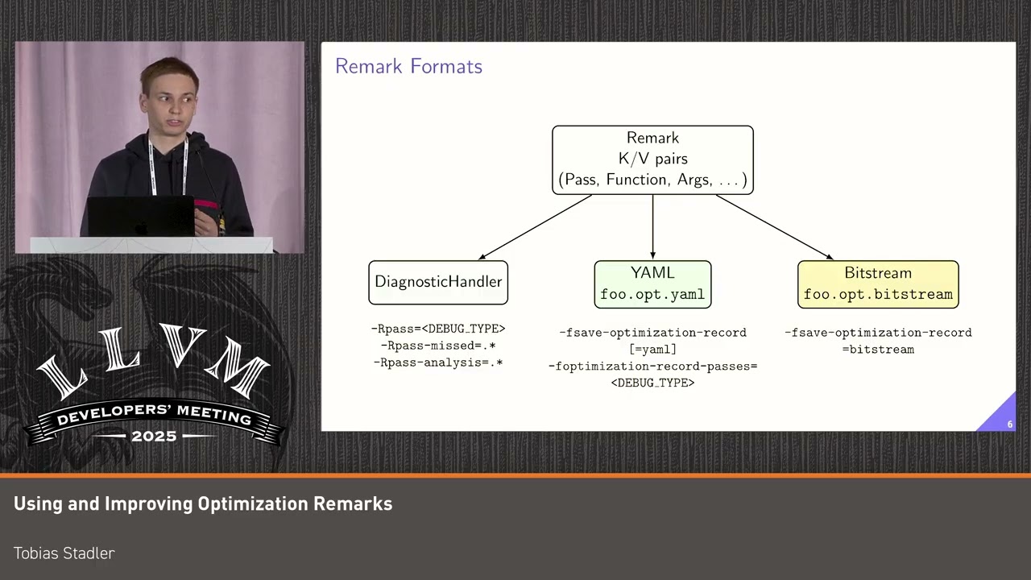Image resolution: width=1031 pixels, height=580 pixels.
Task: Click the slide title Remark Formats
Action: pos(408,66)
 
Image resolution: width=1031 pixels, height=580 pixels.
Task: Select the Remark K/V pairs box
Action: pos(652,159)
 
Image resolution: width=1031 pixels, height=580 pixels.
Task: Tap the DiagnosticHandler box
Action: pos(438,282)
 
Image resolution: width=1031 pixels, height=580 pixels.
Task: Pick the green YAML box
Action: pos(652,284)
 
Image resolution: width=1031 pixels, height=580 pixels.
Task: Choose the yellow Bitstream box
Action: pos(878,284)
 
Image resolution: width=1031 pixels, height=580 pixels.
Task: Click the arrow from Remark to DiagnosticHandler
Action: pos(536,227)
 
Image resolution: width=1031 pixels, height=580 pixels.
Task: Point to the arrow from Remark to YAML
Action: pos(652,227)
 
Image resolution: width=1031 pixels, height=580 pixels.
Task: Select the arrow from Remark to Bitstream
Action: pos(773,227)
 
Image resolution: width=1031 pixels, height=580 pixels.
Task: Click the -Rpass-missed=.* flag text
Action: pos(438,346)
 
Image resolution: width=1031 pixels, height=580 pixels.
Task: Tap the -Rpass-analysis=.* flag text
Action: pos(438,362)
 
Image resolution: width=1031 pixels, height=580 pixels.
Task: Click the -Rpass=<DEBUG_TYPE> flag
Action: pos(438,329)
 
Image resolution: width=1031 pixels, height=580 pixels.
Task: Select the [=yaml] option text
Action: pos(652,350)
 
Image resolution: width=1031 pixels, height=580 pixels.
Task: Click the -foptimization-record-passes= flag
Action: pos(652,367)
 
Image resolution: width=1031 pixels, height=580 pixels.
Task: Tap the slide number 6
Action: pos(1009,424)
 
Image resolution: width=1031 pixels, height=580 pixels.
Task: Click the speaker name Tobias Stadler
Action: pos(64,553)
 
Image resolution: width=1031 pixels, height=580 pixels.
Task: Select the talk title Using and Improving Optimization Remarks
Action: pos(203,504)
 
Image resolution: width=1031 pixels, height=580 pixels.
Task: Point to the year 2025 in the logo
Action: pos(154,436)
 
